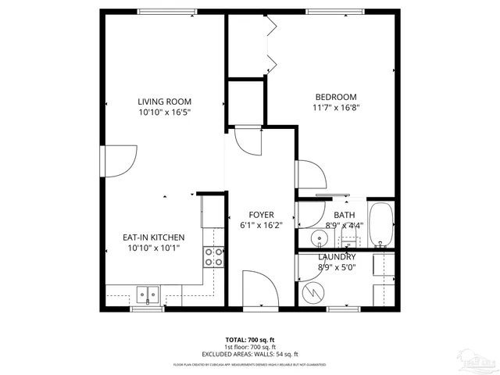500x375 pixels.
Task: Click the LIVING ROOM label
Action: pos(164,102)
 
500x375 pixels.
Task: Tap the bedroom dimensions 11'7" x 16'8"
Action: pos(336,108)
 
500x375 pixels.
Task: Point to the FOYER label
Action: pos(260,215)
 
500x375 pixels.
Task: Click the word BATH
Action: pos(344,215)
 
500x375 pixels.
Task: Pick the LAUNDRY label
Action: pos(337,257)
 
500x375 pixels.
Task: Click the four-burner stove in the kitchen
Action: pos(212,257)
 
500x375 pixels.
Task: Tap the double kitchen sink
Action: pos(147,295)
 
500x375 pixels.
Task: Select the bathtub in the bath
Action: pos(382,226)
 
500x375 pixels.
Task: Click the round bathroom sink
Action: pos(319,237)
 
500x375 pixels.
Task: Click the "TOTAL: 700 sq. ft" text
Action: pos(249,340)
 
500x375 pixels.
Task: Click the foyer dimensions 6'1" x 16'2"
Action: pos(260,225)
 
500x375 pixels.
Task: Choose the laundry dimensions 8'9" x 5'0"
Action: pos(337,267)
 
